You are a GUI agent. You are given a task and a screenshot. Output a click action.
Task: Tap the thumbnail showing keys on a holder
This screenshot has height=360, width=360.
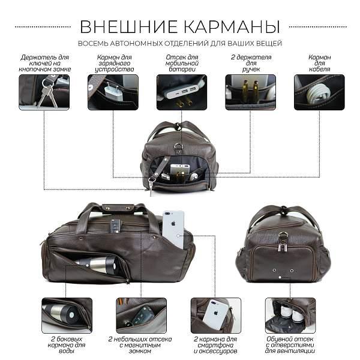point(44,92)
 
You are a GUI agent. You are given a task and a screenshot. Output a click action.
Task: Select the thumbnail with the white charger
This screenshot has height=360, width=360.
point(113,92)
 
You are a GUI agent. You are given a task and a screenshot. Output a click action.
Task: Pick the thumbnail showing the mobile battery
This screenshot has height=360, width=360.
point(181,92)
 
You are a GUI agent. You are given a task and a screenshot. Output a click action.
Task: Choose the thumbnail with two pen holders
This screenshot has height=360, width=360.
point(250,92)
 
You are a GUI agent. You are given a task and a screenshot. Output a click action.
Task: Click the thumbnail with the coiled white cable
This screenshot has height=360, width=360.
point(319,92)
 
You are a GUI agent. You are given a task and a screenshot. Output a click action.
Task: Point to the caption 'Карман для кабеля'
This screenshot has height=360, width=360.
point(319,63)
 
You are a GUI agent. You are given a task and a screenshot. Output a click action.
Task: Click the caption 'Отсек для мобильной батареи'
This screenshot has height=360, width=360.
point(181,63)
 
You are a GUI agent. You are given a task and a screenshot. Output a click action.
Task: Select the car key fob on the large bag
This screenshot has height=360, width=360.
point(115,226)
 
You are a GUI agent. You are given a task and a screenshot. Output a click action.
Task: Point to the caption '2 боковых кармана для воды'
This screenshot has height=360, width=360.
point(67,346)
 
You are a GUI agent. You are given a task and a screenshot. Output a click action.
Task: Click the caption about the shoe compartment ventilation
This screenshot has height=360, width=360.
point(290,346)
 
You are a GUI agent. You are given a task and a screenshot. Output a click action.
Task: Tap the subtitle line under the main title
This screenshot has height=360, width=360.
point(180,44)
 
